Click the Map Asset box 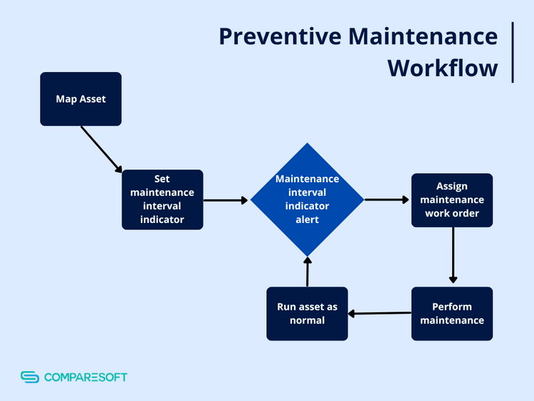point(80,99)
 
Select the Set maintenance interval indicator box point(162,199)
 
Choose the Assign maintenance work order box point(451,200)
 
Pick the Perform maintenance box point(451,313)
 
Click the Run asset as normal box point(307,313)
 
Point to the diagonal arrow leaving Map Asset point(102,149)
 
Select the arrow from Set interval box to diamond point(226,200)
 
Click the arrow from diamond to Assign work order point(387,199)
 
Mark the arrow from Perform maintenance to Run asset point(379,313)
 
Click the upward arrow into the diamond point(308,272)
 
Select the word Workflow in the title point(442,68)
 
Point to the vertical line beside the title point(513,52)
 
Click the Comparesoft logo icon point(29,377)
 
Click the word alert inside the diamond point(307,219)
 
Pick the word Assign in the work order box point(451,187)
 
